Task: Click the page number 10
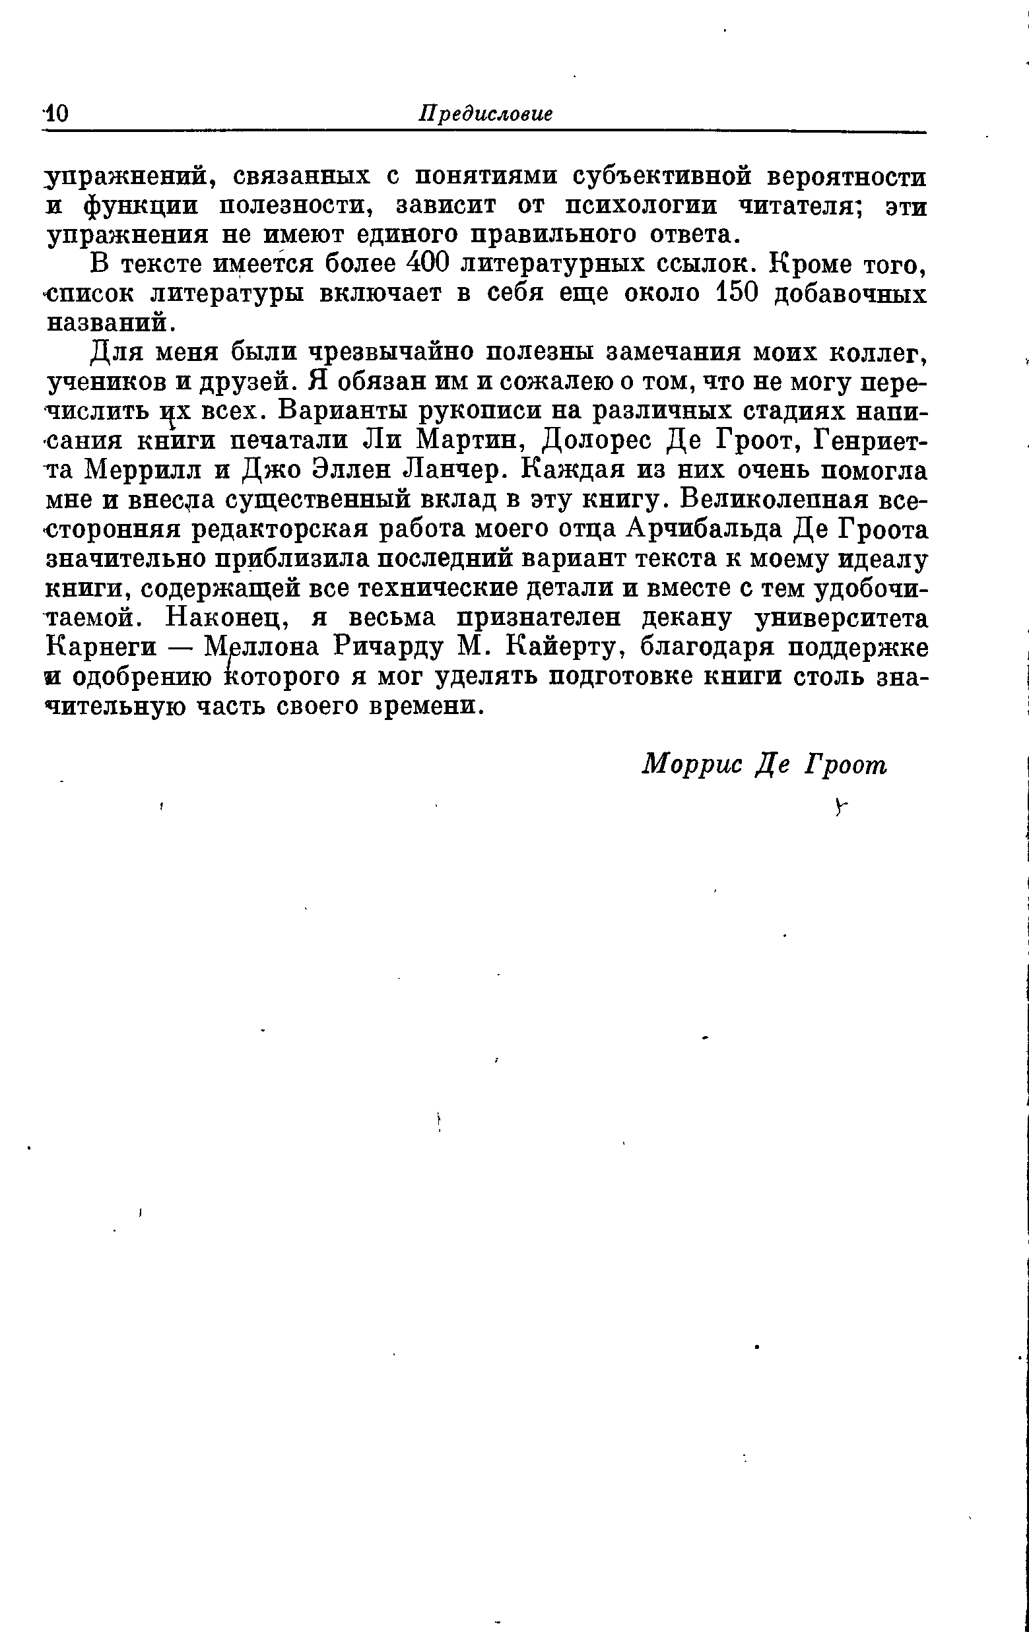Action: click(x=55, y=114)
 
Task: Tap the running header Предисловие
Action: click(x=485, y=114)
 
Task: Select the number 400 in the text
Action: click(x=430, y=264)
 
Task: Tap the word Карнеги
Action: click(x=102, y=647)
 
